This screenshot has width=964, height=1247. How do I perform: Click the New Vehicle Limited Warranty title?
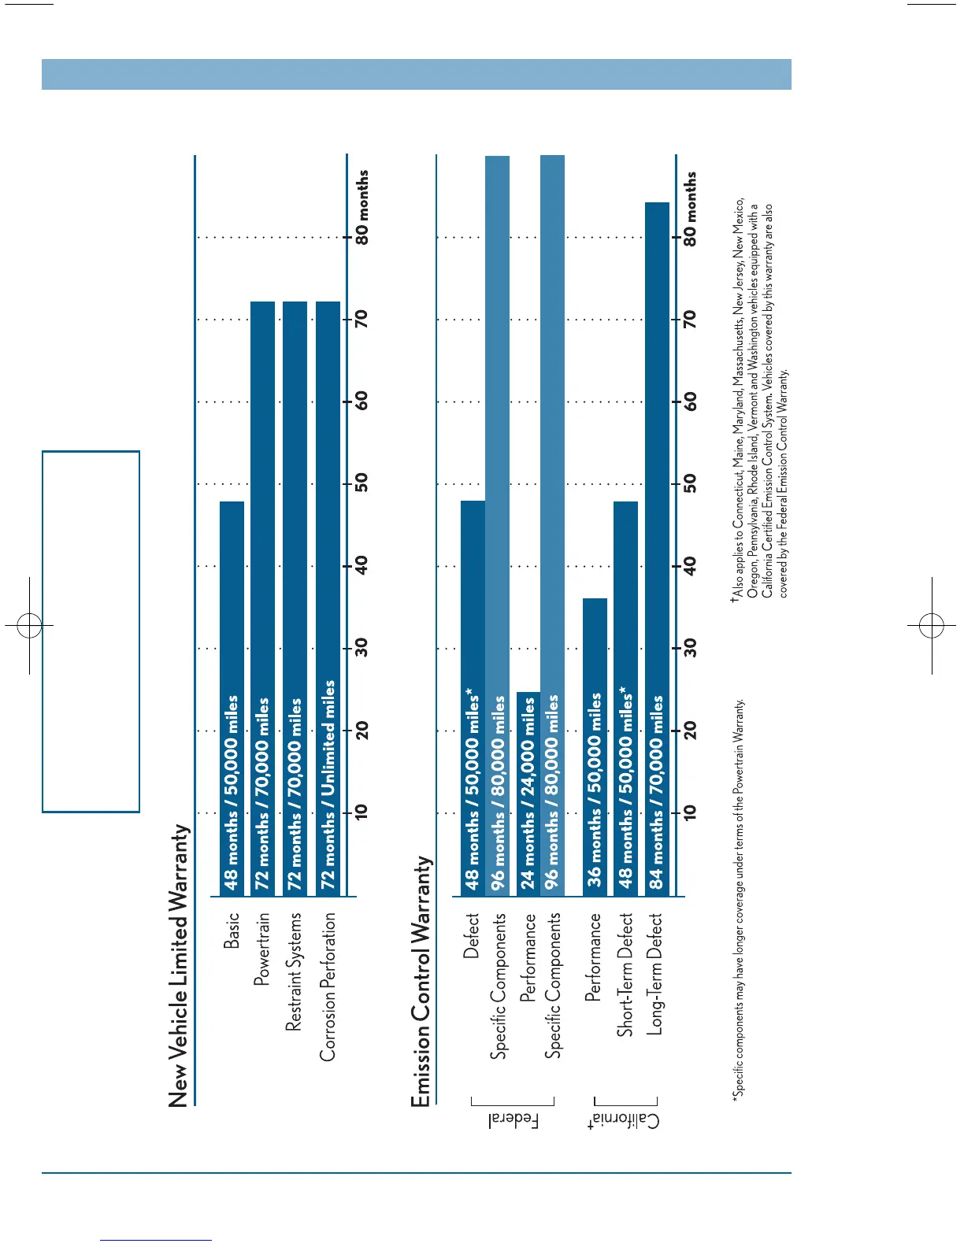pos(180,965)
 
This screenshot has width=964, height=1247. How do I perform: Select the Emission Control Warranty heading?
pos(421,981)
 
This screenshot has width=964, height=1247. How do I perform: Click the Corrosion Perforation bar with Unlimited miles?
pos(328,598)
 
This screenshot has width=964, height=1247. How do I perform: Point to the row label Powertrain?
pos(261,949)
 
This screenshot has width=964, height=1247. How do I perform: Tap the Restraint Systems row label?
pos(294,971)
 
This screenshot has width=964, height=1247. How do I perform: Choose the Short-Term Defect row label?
pos(625,975)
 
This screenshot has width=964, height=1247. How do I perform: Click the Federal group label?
pos(514,1120)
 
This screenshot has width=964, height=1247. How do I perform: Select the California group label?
pos(624,1121)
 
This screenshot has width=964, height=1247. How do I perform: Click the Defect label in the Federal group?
pos(471,935)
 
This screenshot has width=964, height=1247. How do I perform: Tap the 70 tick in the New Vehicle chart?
pos(361,319)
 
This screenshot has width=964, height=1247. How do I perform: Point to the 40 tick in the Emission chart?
pos(690,565)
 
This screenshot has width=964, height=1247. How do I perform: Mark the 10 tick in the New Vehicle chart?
pos(361,812)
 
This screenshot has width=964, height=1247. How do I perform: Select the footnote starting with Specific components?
pos(738,898)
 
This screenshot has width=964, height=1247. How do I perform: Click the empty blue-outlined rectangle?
pos(91,631)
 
